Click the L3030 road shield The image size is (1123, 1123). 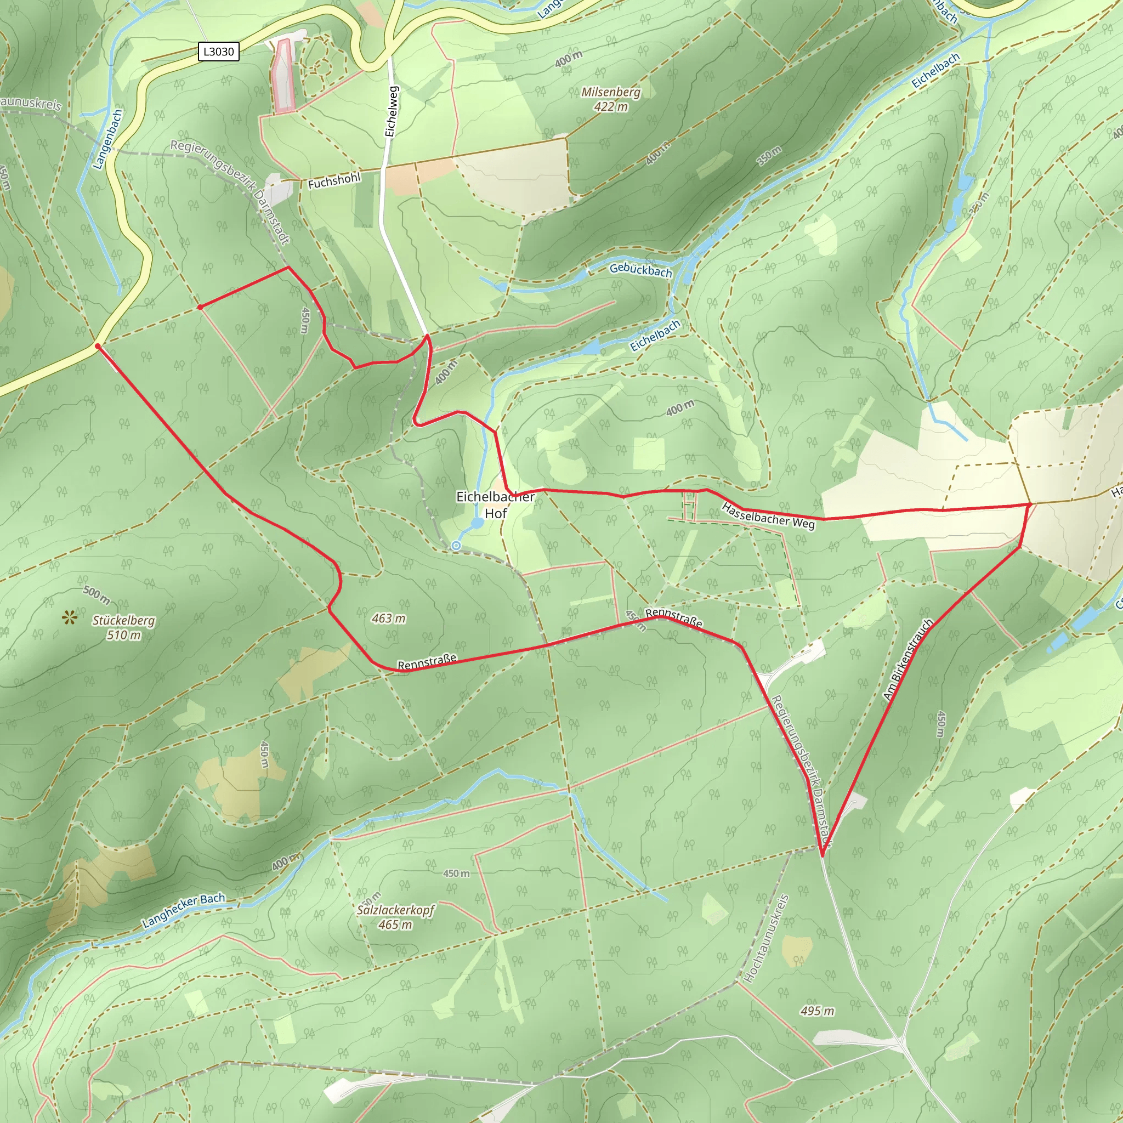pos(219,52)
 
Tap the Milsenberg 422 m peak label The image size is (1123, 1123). pos(611,99)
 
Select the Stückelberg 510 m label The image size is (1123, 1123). pos(124,627)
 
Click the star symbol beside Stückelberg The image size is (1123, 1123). pos(71,617)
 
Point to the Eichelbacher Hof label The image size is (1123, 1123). pos(495,504)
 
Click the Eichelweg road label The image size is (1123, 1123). pos(392,112)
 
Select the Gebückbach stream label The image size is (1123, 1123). pos(640,270)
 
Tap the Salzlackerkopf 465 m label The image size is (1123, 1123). pos(395,917)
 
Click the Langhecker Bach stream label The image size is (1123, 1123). pos(184,910)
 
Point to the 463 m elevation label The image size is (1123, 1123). pos(388,619)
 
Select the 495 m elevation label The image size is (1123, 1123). pos(816,1011)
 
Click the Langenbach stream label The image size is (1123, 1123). pos(108,139)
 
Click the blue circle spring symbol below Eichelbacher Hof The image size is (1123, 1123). pos(456,546)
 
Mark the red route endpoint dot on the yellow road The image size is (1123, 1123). pos(98,347)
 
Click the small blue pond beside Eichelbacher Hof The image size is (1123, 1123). pos(477,523)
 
